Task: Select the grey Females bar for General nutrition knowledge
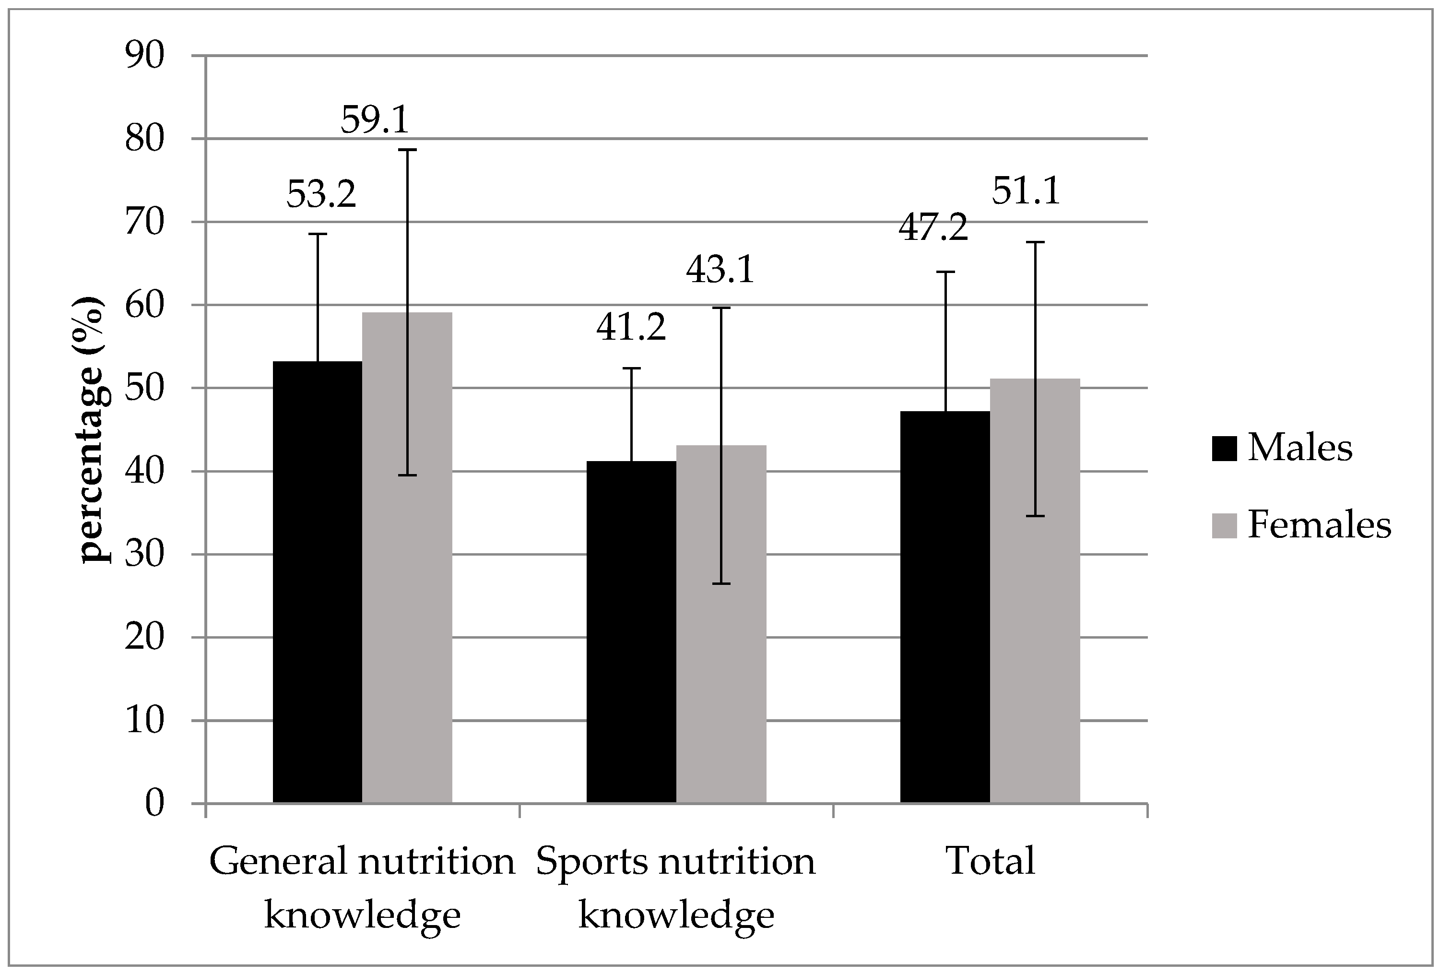(407, 558)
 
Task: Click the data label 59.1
(375, 119)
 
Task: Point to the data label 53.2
(321, 194)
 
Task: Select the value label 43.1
(720, 270)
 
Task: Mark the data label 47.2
(932, 227)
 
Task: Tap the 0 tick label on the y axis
(155, 804)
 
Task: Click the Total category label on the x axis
(991, 861)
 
